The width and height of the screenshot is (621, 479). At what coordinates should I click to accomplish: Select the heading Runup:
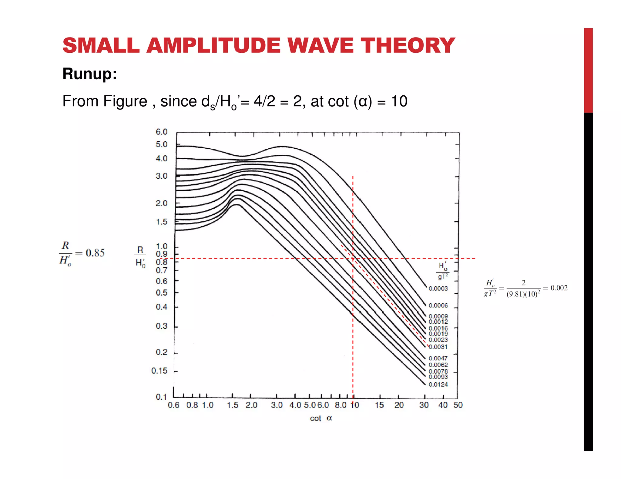tap(90, 74)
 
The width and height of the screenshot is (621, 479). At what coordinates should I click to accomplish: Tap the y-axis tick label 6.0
tap(161, 132)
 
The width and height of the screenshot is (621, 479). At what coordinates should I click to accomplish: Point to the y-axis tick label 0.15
tap(159, 371)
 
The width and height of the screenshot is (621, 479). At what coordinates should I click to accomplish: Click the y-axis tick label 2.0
tap(161, 203)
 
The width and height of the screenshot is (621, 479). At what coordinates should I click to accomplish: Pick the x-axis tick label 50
tap(458, 405)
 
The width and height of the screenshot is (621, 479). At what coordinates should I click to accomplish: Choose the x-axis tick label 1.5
tap(233, 405)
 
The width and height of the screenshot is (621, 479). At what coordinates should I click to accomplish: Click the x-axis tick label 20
tap(399, 405)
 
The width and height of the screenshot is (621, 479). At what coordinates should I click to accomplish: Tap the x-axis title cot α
tap(321, 418)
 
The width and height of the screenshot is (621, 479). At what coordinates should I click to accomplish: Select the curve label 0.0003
tap(438, 288)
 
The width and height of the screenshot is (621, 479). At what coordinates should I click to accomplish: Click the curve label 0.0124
tap(438, 385)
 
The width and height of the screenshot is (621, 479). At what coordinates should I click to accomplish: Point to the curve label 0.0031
tap(438, 347)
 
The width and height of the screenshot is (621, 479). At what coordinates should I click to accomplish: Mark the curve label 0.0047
tap(438, 358)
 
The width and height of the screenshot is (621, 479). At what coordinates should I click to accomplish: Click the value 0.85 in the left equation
tap(95, 253)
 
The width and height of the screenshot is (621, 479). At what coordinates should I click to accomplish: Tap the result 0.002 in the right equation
tap(559, 288)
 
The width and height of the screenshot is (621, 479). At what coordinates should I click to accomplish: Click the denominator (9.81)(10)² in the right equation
tap(523, 294)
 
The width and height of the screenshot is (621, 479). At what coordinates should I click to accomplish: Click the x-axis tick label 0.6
tap(173, 405)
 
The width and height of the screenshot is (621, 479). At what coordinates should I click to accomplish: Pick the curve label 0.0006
tap(438, 305)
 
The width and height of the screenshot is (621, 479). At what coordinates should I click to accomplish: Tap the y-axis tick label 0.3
tap(161, 326)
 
